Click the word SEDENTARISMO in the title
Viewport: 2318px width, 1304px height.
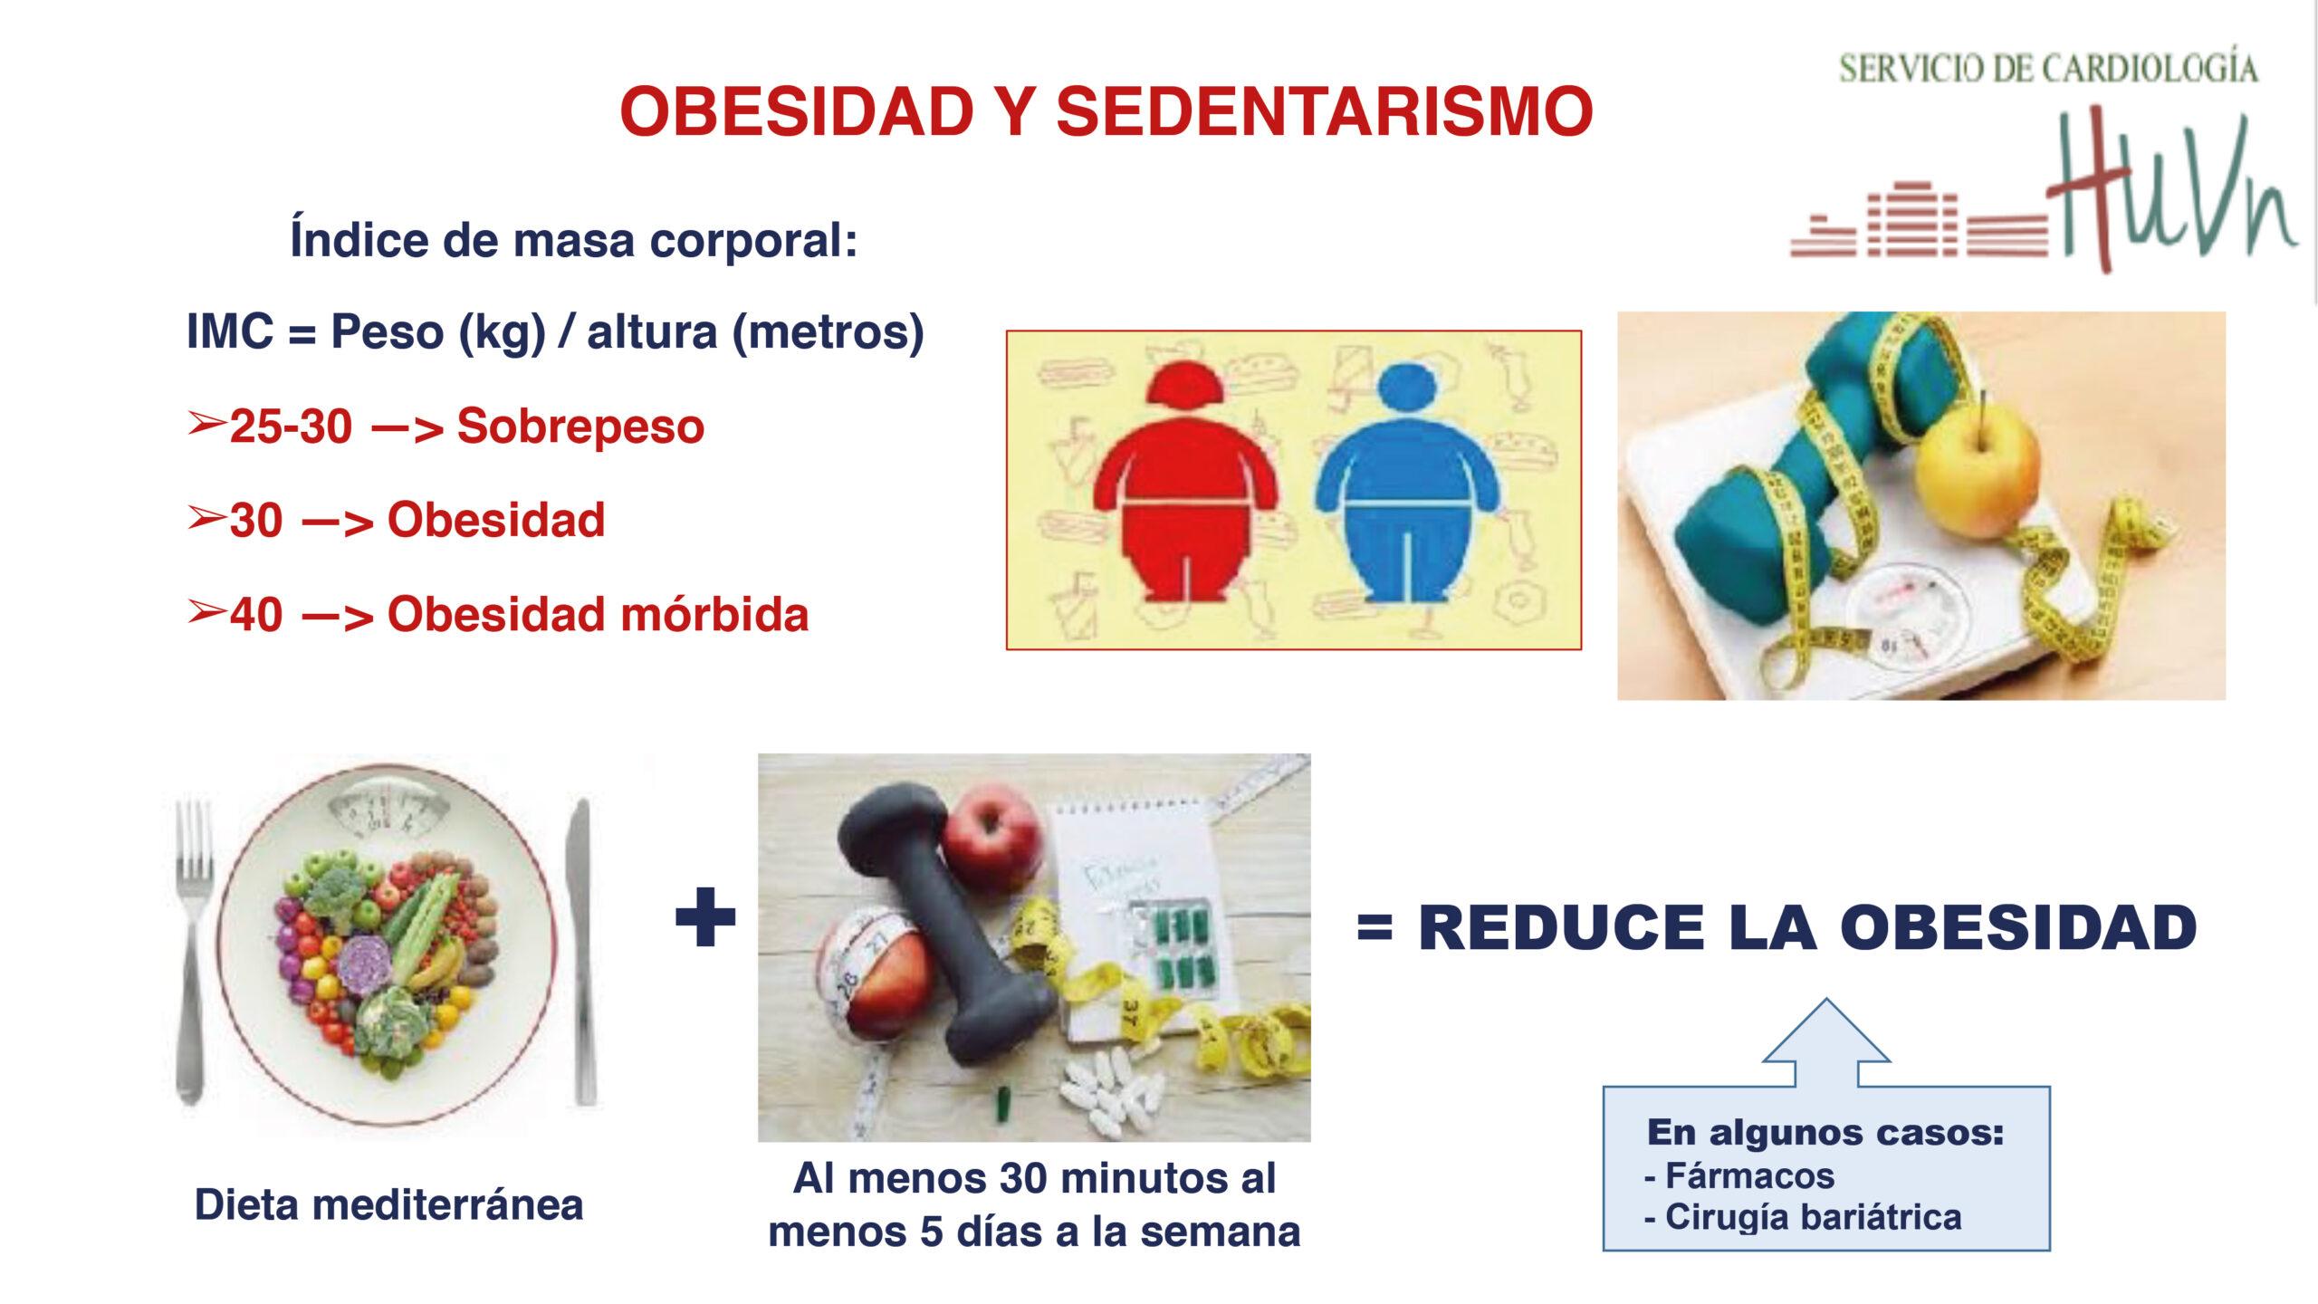(1324, 112)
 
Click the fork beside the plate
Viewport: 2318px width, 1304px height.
(193, 951)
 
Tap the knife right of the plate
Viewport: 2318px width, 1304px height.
(581, 951)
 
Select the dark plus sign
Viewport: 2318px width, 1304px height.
(705, 917)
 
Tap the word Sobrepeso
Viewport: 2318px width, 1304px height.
(580, 426)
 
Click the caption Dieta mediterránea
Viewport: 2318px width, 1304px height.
(389, 1205)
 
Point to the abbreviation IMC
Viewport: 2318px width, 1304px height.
(230, 331)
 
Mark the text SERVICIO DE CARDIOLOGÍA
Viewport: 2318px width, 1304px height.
(2048, 69)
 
